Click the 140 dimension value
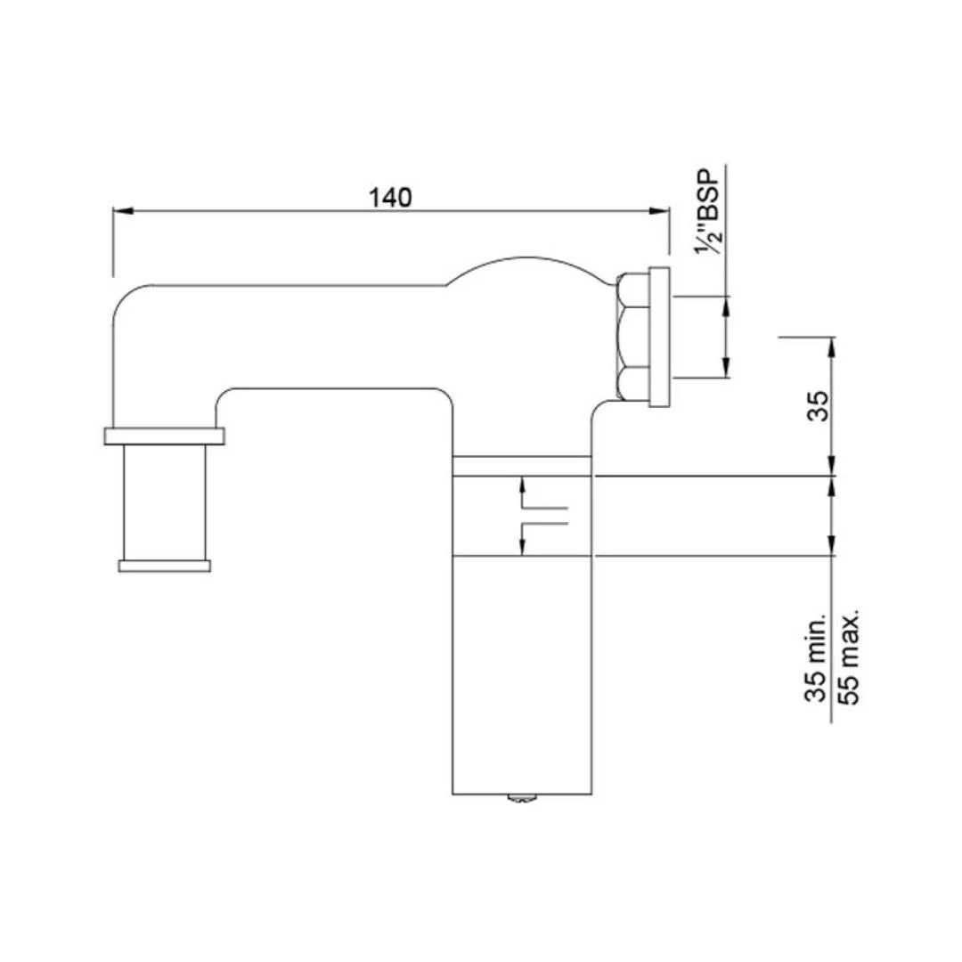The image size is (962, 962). (x=390, y=198)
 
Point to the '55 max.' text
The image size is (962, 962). (x=851, y=656)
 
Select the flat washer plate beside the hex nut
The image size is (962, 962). (x=659, y=337)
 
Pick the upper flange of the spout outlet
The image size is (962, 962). (x=164, y=436)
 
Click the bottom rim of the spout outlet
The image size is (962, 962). (x=164, y=566)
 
